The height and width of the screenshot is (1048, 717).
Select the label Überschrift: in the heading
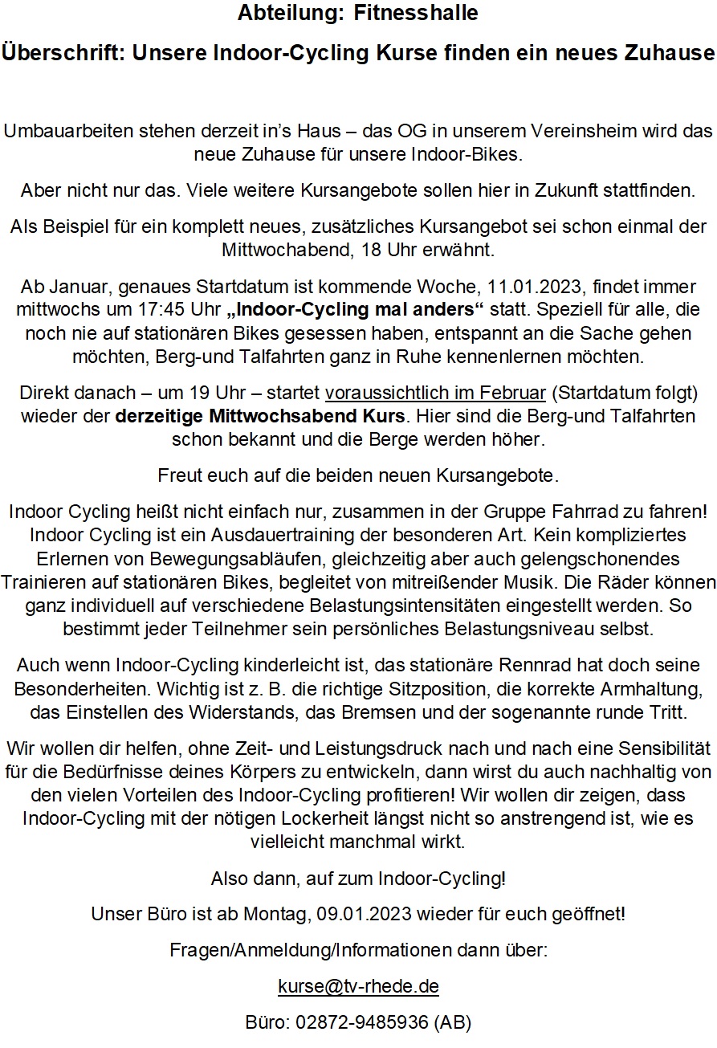point(63,54)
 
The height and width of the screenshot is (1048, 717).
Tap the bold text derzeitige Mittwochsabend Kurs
point(261,418)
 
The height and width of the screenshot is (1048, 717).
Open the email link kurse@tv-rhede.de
point(358,986)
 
